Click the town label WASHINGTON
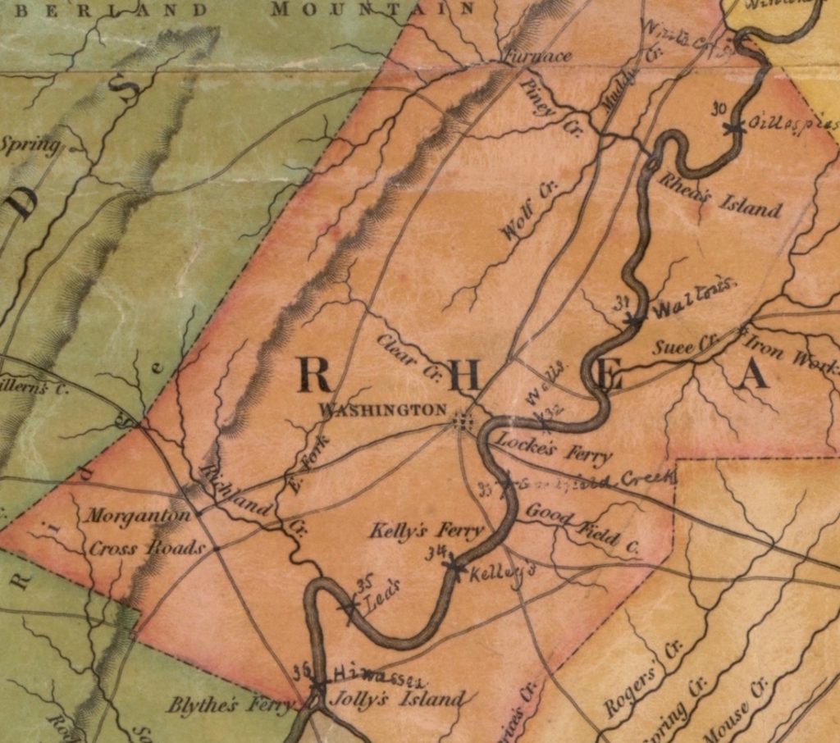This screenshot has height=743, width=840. click(383, 409)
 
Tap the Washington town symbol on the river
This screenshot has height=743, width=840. click(464, 422)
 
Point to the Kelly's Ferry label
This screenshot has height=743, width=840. click(427, 531)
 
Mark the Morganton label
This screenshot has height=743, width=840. click(139, 517)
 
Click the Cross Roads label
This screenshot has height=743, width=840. click(146, 548)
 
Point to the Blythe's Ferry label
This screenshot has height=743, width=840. click(230, 704)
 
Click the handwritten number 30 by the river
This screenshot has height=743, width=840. click(719, 109)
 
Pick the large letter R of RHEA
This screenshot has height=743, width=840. click(313, 376)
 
